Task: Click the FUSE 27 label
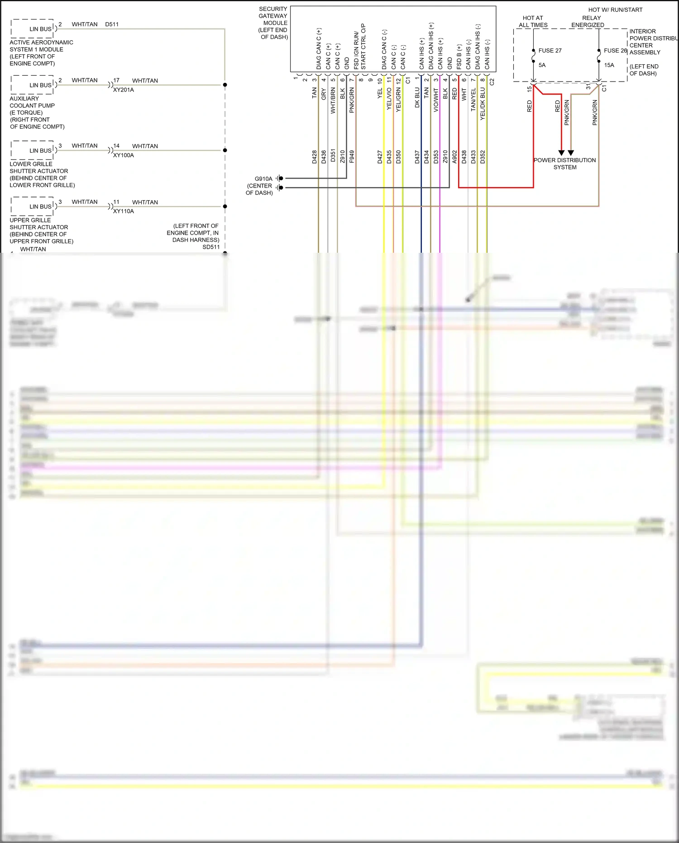point(550,51)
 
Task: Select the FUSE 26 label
point(615,51)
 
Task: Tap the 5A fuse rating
point(542,65)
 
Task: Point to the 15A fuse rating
point(609,65)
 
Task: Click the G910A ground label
point(263,179)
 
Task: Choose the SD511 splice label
point(211,247)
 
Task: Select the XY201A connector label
point(124,90)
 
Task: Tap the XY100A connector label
point(124,155)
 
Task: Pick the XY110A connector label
point(124,212)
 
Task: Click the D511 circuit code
point(112,24)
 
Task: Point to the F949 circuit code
point(352,157)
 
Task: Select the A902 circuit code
point(454,157)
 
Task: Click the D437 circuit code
point(417,157)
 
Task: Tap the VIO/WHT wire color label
point(436,100)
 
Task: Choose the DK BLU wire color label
point(417,97)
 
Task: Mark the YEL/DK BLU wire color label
point(483,104)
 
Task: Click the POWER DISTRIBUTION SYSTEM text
point(564,164)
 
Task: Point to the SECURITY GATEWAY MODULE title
point(273,23)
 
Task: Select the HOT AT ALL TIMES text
point(533,22)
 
